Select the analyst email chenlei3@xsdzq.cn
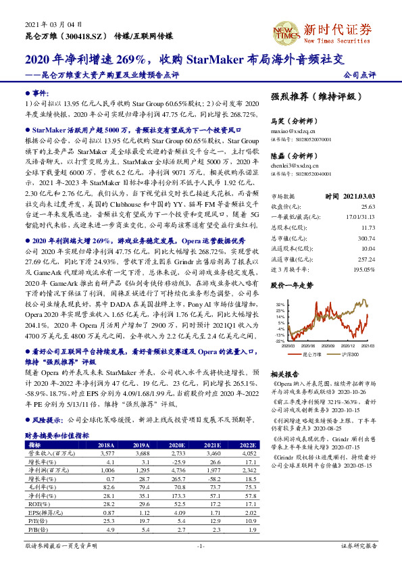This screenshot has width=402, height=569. (x=296, y=164)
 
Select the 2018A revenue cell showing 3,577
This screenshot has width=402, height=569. (x=106, y=454)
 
